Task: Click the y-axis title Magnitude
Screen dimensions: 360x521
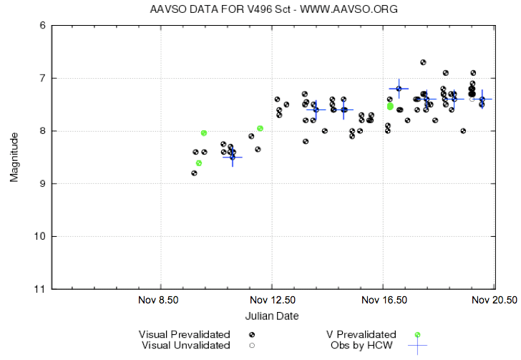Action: tap(14, 157)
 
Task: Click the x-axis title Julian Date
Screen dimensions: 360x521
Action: tap(272, 316)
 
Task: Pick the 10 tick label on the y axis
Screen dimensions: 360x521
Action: tap(41, 237)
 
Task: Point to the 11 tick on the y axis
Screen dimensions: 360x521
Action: tap(41, 289)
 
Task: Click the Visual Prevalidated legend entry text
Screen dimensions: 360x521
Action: tap(185, 334)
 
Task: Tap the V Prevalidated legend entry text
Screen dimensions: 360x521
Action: tap(361, 334)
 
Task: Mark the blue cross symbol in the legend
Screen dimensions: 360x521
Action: tap(417, 346)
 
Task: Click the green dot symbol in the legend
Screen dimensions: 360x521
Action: tap(417, 335)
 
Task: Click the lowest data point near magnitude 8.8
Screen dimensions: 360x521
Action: tap(194, 173)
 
